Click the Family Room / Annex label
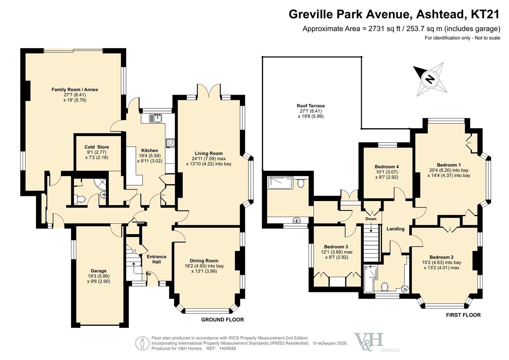75,90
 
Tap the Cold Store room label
97,147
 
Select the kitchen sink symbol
155,118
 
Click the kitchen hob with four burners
170,143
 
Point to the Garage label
98,271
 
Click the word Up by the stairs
148,274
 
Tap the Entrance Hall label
157,259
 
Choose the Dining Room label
204,261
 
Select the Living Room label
209,153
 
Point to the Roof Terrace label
311,106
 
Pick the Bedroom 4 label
387,167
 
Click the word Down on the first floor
371,219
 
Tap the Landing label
395,229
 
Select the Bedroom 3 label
336,247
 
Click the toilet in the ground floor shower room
80,199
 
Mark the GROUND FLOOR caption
222,320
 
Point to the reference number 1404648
227,348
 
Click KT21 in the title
484,14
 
